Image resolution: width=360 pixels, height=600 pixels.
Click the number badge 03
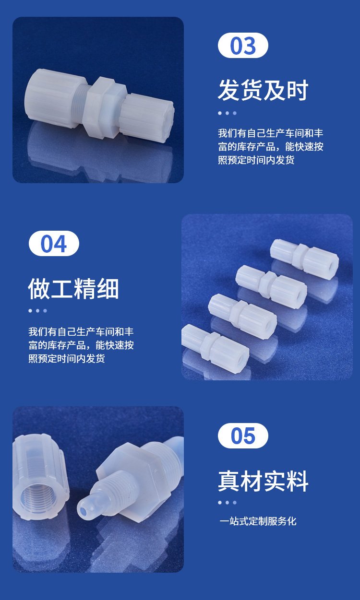click(243, 45)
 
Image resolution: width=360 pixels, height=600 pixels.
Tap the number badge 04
click(54, 243)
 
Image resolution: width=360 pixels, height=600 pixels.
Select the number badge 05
click(243, 435)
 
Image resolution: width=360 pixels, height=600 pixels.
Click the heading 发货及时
click(263, 90)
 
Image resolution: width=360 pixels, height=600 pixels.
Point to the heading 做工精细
click(73, 288)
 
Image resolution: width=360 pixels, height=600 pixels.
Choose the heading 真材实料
click(263, 481)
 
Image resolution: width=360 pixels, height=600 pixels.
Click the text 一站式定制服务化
click(258, 521)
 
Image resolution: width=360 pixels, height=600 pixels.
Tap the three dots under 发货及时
click(228, 113)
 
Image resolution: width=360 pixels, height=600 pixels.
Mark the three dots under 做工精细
click(38, 311)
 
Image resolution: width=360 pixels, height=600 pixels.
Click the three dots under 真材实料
click(228, 503)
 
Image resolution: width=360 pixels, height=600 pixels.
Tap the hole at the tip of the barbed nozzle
click(84, 511)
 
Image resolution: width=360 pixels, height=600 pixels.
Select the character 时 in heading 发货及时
click(298, 90)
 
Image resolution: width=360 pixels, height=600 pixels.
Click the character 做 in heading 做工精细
click(39, 288)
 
